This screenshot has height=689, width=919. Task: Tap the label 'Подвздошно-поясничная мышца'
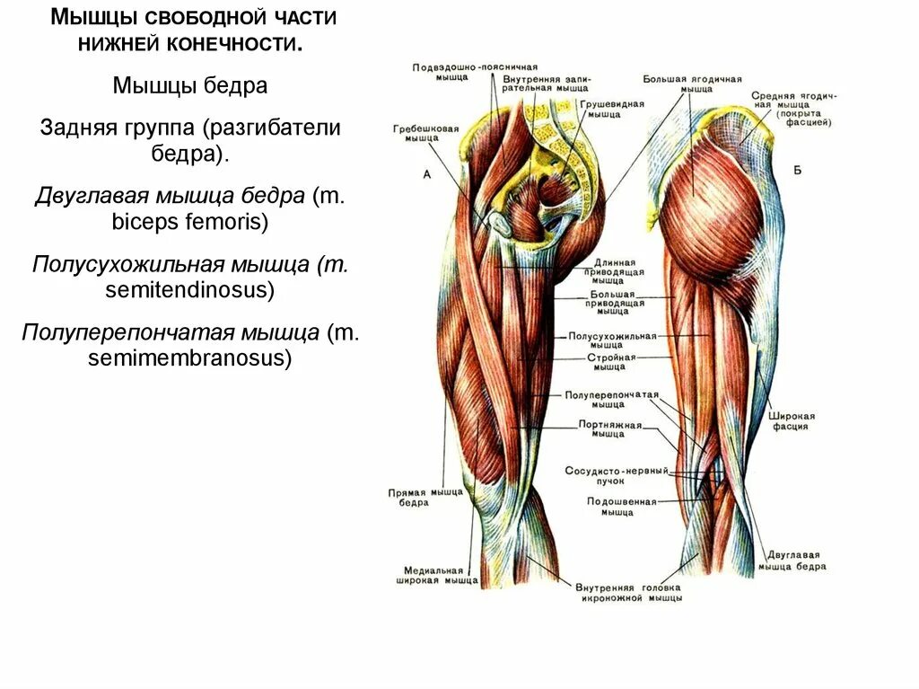[x=475, y=72]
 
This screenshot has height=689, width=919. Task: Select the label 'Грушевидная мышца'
[x=611, y=109]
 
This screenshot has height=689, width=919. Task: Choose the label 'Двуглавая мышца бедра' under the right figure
[x=792, y=561]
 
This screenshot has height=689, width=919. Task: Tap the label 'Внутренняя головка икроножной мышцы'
[x=631, y=592]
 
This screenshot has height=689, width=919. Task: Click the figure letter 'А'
[x=426, y=174]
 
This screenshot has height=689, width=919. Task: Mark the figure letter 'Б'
[x=797, y=170]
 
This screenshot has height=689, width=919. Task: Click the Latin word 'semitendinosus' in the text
[x=189, y=290]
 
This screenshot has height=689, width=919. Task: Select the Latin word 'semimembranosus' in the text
[x=190, y=358]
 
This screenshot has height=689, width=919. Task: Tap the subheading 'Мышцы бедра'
[x=190, y=85]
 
